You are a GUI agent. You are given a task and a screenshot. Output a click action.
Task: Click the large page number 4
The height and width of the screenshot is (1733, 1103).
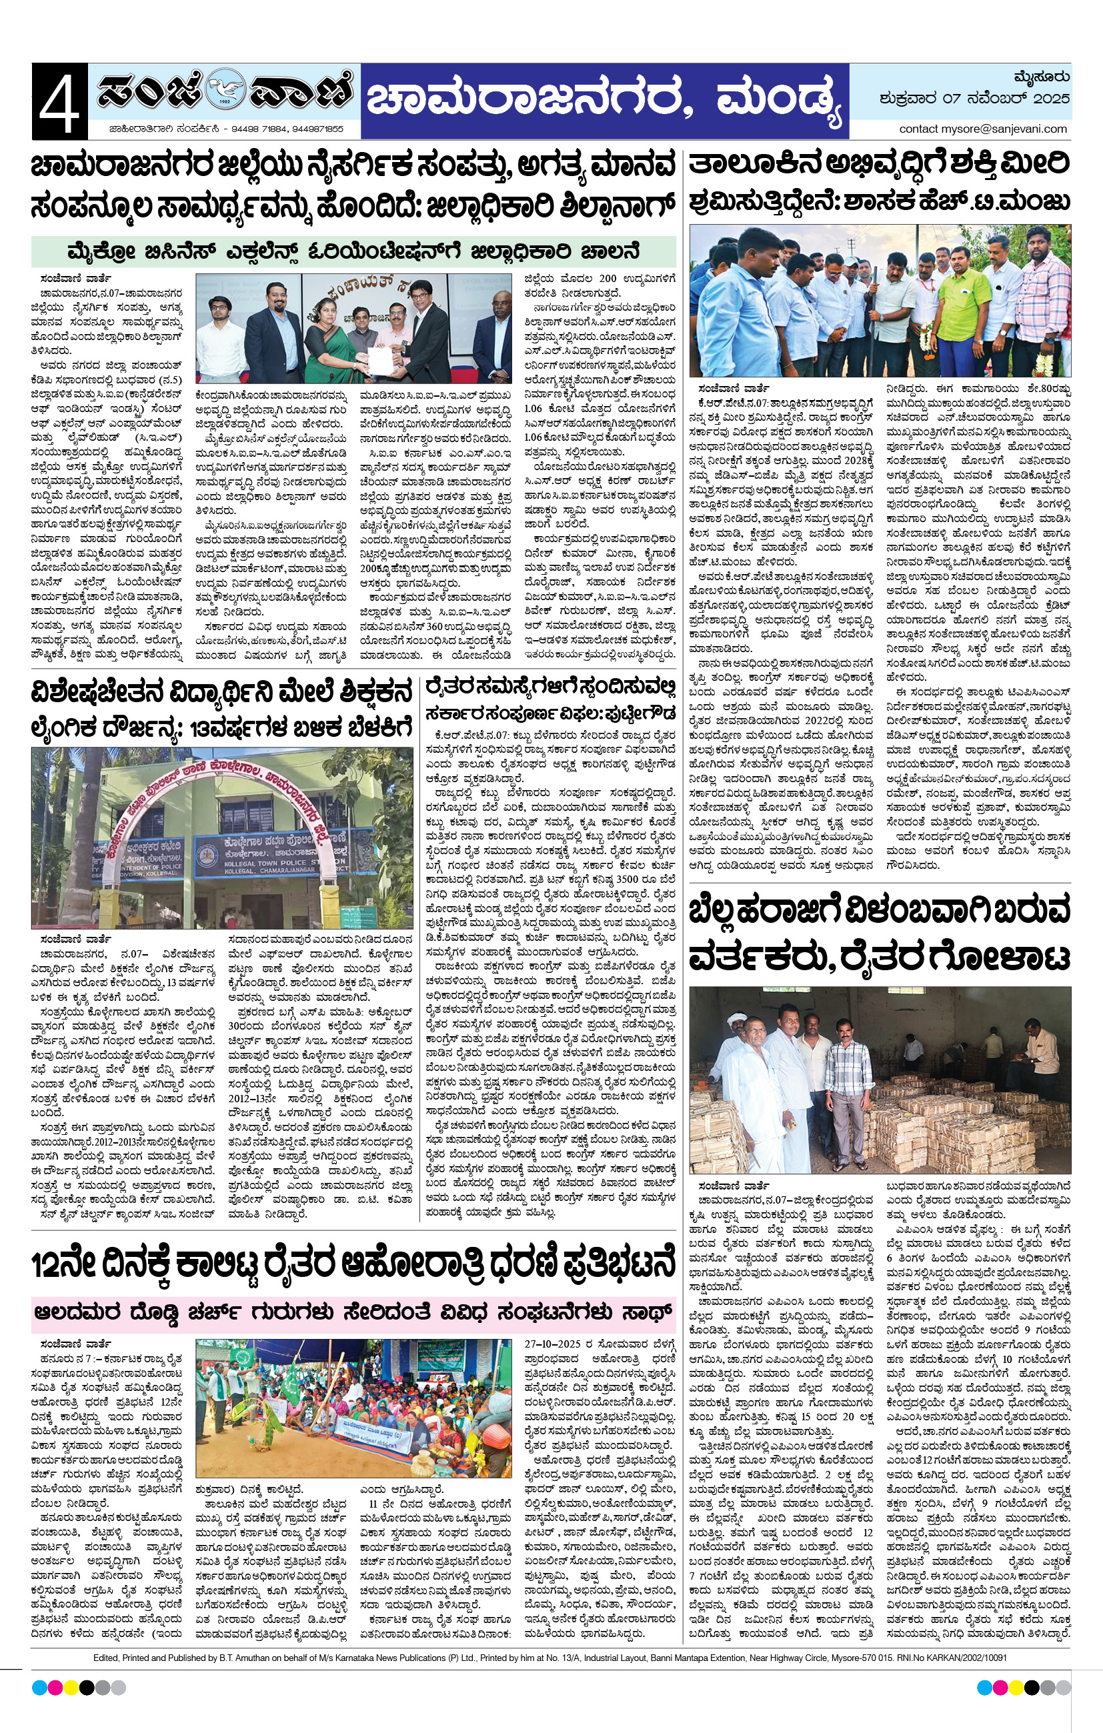59,101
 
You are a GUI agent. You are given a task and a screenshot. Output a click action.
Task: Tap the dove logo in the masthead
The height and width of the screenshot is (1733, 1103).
225,92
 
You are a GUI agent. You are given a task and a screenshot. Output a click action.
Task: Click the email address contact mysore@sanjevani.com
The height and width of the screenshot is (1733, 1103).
983,129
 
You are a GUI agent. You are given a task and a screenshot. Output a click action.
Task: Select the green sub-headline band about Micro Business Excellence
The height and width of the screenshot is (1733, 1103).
353,252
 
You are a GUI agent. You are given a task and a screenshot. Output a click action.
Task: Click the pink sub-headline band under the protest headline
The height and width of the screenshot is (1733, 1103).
353,1312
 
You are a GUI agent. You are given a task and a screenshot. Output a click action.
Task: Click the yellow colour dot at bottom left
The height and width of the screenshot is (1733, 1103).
71,1688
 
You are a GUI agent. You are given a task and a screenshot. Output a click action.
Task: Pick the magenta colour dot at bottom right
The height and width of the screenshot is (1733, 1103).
1000,1688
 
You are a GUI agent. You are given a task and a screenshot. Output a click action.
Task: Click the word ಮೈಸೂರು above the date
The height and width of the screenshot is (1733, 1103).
1041,76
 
